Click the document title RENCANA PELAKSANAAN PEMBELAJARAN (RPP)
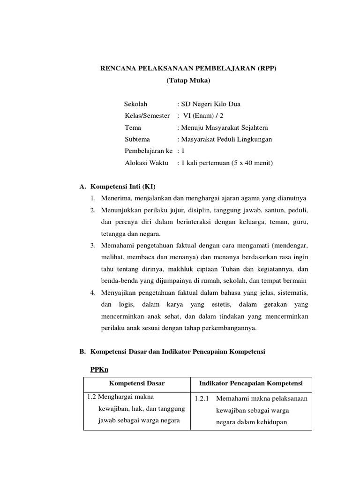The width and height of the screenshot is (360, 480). click(189, 68)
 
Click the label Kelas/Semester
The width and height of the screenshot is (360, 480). click(147, 115)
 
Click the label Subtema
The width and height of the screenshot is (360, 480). click(138, 139)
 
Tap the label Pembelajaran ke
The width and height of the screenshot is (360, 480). click(149, 151)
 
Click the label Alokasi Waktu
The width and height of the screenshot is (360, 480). click(144, 163)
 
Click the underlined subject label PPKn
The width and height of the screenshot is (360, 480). click(99, 369)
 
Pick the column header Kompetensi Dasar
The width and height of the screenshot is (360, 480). click(136, 383)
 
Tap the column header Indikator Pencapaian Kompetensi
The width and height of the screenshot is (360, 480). click(251, 383)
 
